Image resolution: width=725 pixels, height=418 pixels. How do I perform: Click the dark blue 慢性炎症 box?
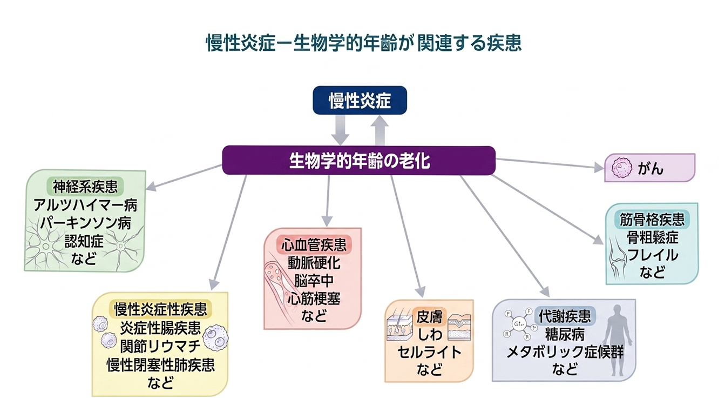pos(360,101)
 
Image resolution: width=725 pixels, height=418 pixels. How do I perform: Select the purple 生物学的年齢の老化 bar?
pos(359,161)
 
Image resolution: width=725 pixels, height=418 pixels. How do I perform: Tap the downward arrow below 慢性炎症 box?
pos(340,130)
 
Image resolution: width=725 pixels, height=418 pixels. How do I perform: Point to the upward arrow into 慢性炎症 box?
pos(381,130)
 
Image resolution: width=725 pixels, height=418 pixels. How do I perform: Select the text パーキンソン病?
pos(85,223)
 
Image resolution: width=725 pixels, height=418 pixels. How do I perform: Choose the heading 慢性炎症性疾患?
pos(160,310)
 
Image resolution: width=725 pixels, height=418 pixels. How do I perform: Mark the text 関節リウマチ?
pos(160,346)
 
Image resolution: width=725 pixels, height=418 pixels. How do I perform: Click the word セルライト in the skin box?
pos(429,352)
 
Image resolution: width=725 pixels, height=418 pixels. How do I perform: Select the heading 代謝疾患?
pos(565,316)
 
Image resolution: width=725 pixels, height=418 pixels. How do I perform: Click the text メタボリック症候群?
pos(565,353)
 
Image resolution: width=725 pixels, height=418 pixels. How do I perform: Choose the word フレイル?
pos(652,255)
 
